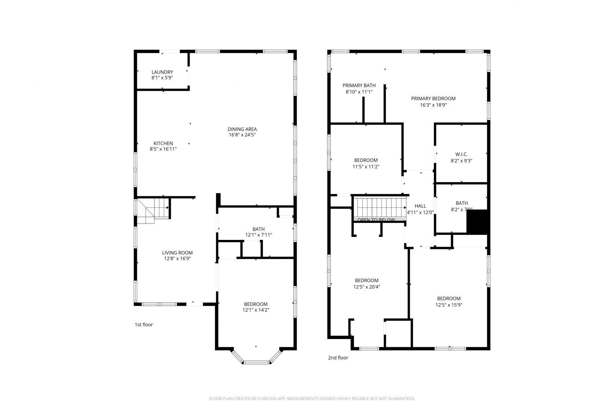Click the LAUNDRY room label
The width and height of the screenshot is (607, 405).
coord(162,72)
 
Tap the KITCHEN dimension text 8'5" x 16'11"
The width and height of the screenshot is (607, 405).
coord(163,149)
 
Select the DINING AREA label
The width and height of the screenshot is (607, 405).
coord(242,129)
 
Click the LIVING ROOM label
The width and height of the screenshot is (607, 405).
coord(177,253)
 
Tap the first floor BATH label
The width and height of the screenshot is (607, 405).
coord(258,229)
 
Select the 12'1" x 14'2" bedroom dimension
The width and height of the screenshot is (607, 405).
coord(256,310)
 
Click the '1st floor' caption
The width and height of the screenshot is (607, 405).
coord(143,325)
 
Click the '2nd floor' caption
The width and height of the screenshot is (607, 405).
coord(338,358)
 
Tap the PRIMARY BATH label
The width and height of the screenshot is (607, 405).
coord(359,85)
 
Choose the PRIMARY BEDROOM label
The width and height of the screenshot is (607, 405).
coord(433,98)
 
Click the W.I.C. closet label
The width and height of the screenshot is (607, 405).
coord(461,154)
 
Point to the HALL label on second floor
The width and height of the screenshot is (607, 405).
coord(420,206)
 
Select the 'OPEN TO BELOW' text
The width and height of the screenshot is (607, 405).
coord(376,220)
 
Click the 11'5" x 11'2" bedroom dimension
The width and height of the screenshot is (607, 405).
coord(366,166)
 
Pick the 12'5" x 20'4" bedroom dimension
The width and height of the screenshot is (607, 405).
coord(366,287)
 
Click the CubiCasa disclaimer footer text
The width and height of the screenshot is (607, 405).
coord(311,399)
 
